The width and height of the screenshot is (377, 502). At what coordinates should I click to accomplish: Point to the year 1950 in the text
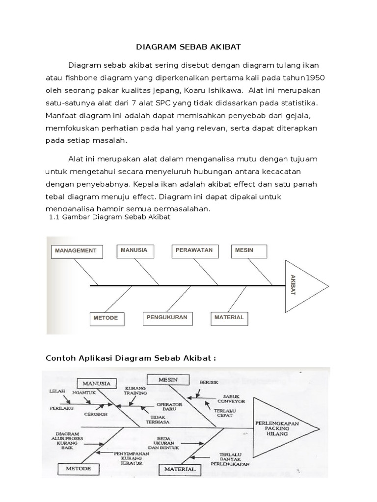click(315, 78)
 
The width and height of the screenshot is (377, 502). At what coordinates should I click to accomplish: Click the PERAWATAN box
click(194, 250)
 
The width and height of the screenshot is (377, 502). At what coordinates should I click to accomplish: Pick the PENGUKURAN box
click(167, 318)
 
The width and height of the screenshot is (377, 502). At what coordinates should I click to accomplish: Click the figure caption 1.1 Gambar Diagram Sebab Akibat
click(110, 217)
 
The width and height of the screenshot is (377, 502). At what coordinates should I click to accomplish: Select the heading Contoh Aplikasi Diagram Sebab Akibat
click(131, 358)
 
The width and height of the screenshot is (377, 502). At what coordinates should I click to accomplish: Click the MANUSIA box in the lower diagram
click(97, 382)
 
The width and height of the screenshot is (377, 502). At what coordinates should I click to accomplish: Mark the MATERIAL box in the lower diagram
click(179, 469)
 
